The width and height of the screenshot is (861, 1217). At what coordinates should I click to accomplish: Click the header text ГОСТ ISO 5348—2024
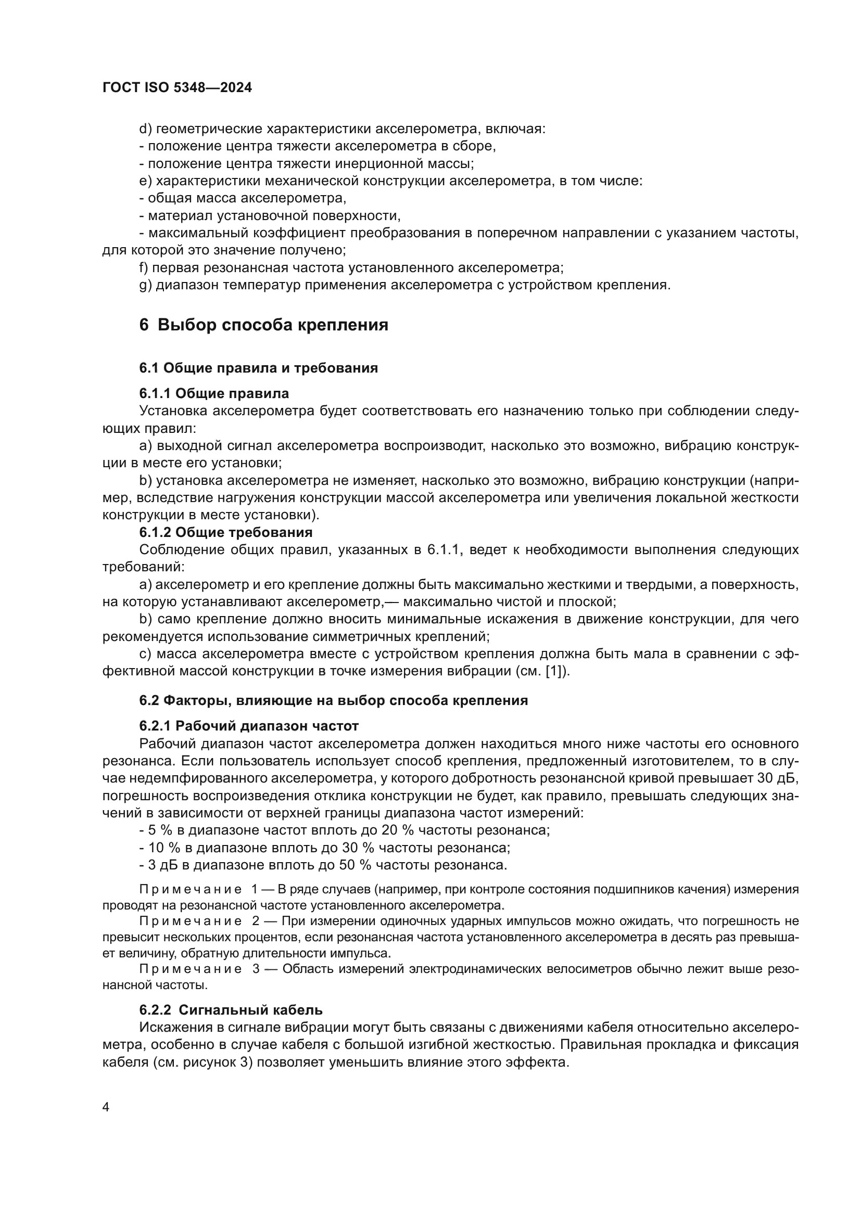click(x=177, y=88)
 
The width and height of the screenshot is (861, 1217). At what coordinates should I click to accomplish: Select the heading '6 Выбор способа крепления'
click(x=263, y=325)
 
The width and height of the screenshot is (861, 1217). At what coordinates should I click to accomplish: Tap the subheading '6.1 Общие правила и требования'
click(x=258, y=368)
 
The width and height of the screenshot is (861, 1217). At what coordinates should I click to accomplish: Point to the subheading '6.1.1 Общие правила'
click(x=214, y=393)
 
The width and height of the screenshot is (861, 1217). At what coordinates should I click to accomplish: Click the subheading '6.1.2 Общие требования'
click(x=226, y=532)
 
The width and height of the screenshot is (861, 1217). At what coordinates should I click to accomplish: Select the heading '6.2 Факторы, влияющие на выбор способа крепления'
click(x=334, y=700)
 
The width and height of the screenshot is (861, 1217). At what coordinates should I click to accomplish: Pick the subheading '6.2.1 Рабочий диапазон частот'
click(x=249, y=726)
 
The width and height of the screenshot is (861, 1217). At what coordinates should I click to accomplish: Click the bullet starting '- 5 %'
click(x=345, y=830)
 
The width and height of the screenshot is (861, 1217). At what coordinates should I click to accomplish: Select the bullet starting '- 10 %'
click(x=324, y=848)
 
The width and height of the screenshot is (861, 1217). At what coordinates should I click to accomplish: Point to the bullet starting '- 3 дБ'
click(x=323, y=865)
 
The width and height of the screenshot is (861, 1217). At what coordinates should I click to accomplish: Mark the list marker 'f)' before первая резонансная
click(x=144, y=267)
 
